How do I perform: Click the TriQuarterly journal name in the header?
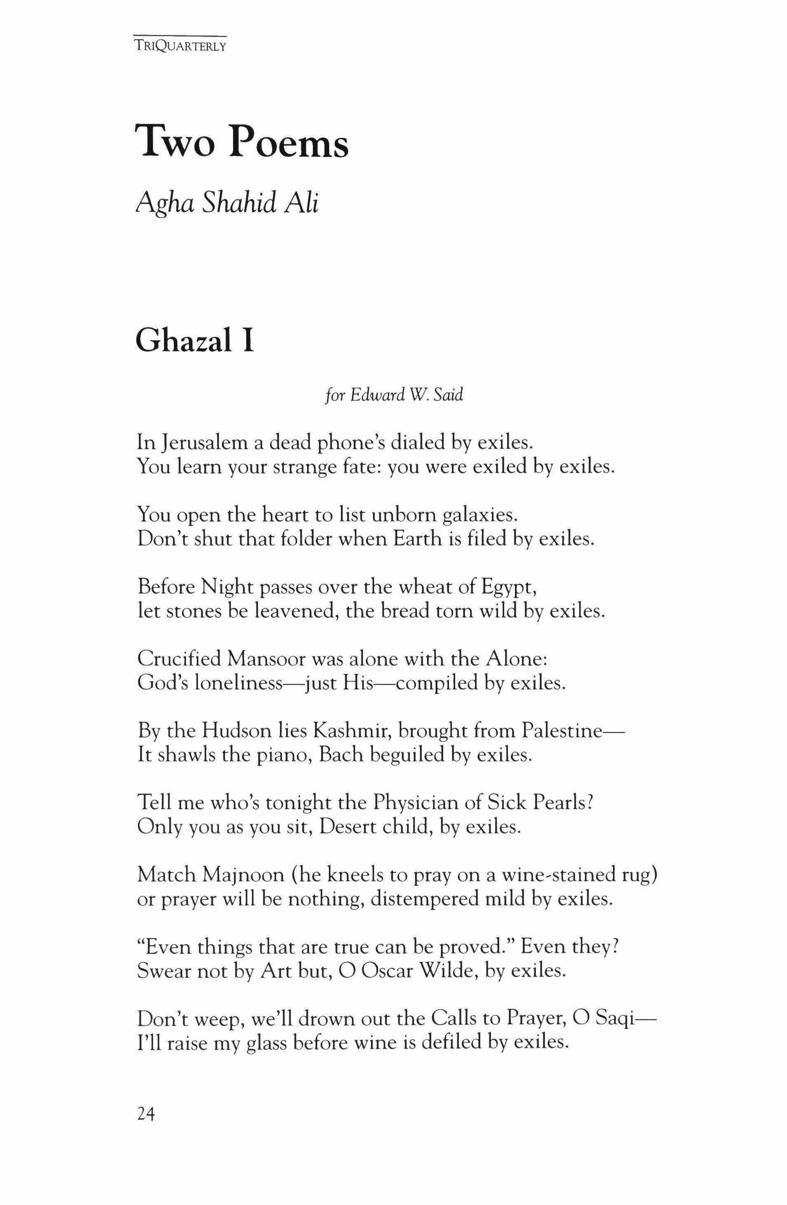coord(180,46)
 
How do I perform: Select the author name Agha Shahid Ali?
coord(227,204)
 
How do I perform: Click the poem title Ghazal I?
coord(195,341)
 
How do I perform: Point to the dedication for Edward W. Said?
coord(393,395)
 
